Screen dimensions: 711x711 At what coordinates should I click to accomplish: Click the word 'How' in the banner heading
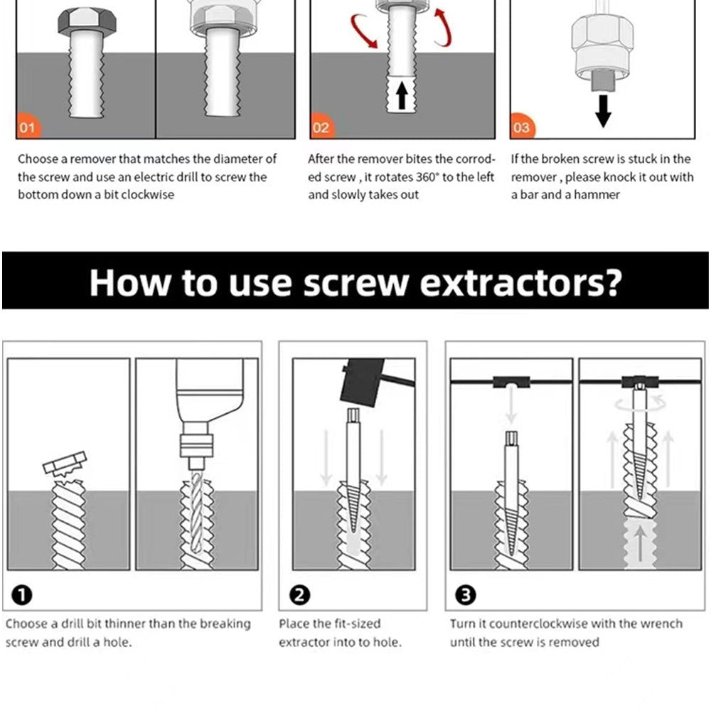click(x=129, y=282)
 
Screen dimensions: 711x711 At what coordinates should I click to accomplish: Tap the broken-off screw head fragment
click(x=64, y=463)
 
